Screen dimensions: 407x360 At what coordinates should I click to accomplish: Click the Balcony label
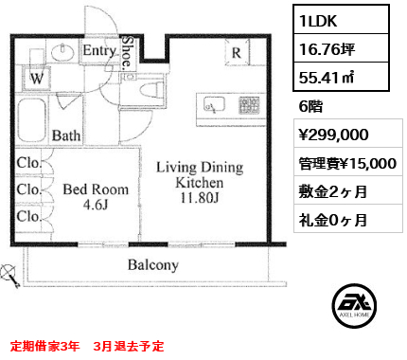tap(153, 264)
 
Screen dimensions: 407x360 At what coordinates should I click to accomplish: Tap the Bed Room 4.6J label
tap(96, 197)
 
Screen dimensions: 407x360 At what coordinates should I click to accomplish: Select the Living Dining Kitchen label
tap(200, 182)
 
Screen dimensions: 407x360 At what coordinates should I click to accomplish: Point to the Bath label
tap(66, 135)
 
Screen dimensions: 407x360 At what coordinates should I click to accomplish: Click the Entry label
tap(99, 50)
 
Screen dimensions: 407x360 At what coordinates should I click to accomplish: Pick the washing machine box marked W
tap(36, 78)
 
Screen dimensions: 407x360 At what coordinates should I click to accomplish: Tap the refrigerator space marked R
tap(237, 52)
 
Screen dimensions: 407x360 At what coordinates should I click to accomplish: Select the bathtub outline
tap(32, 121)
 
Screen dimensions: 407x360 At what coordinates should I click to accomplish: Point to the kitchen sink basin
tap(214, 104)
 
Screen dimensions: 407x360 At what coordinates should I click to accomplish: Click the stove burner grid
tap(249, 105)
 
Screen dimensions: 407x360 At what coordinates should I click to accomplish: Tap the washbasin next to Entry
tap(62, 52)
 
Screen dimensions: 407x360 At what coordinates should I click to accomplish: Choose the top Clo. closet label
tap(29, 163)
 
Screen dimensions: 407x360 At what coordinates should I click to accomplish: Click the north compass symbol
tap(9, 276)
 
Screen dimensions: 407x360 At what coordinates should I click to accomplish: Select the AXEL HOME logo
tap(354, 306)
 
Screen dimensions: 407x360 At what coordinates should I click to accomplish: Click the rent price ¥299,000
tap(333, 135)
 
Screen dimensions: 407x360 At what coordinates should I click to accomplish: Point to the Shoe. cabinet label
tap(127, 52)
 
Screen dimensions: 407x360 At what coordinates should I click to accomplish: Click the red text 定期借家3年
tap(44, 346)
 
